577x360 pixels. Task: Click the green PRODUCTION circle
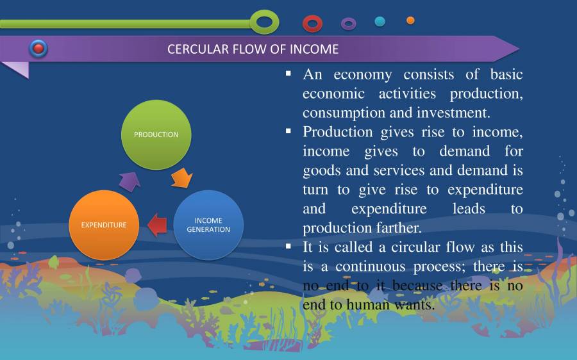[156, 135]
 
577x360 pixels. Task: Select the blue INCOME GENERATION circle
[208, 225]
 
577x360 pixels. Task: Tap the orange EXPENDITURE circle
[103, 225]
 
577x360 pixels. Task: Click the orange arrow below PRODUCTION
[181, 177]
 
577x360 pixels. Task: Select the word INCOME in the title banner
[315, 49]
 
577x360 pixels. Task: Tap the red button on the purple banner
[38, 48]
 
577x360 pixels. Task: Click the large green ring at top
[264, 22]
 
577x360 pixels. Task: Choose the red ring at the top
[312, 24]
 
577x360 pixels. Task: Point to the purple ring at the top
[348, 24]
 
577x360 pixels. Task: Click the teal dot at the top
[380, 21]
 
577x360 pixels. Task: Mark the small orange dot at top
[410, 20]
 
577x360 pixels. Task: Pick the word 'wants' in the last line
[412, 305]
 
